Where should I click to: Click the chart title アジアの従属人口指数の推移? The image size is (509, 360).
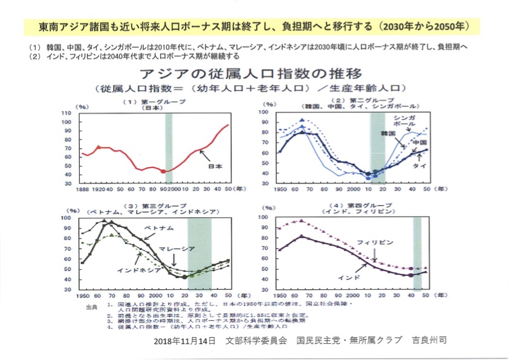254,74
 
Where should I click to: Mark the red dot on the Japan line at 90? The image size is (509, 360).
163,171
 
